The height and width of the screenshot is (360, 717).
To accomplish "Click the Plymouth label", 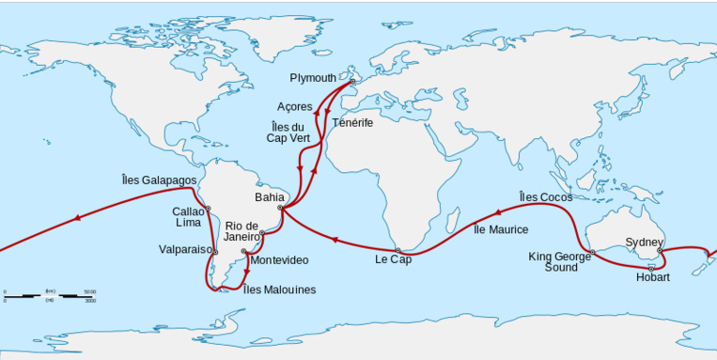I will (x=312, y=78).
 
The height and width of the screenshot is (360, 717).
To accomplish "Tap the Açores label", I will (x=294, y=107).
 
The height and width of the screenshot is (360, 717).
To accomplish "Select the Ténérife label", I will (x=352, y=123).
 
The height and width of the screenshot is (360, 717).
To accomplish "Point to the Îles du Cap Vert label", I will (x=288, y=133).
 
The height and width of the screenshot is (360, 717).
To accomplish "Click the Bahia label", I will (x=268, y=198).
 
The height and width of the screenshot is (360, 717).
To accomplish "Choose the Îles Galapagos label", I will (x=160, y=180).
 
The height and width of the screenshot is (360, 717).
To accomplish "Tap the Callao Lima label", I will (x=187, y=217).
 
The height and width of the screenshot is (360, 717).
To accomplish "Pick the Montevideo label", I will (x=279, y=259).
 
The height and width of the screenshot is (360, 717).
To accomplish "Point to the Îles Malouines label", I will (x=280, y=290).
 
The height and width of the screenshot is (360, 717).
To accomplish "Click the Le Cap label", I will (x=393, y=259).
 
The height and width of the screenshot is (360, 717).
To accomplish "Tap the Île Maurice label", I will (x=501, y=229).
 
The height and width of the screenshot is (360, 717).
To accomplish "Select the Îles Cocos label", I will (x=545, y=196).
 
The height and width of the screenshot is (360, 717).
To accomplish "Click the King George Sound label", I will (x=561, y=261).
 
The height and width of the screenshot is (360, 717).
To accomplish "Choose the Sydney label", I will (x=645, y=243).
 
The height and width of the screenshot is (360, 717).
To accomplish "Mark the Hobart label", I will (x=652, y=277).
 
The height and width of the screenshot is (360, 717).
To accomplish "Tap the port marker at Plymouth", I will (x=352, y=82).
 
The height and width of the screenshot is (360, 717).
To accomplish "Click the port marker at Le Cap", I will (x=397, y=250).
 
